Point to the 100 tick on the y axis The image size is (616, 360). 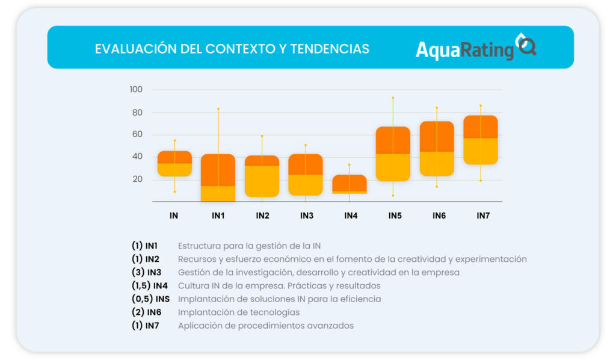pyautogui.click(x=136, y=90)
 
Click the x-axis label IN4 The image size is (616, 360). pyautogui.click(x=351, y=215)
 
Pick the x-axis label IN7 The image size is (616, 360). pyautogui.click(x=483, y=215)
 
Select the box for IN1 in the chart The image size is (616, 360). pyautogui.click(x=218, y=178)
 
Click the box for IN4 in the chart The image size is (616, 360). pyautogui.click(x=350, y=184)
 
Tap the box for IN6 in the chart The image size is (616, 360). pyautogui.click(x=437, y=149)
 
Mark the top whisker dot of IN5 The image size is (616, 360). pyautogui.click(x=393, y=98)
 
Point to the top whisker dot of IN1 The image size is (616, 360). pyautogui.click(x=218, y=109)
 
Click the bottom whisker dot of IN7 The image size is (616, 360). pyautogui.click(x=481, y=181)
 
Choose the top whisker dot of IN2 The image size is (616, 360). pyautogui.click(x=262, y=136)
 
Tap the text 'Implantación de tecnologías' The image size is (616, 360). pyautogui.click(x=239, y=312)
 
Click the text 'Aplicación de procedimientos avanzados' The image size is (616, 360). pyautogui.click(x=265, y=326)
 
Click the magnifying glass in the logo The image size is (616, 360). pyautogui.click(x=526, y=46)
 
